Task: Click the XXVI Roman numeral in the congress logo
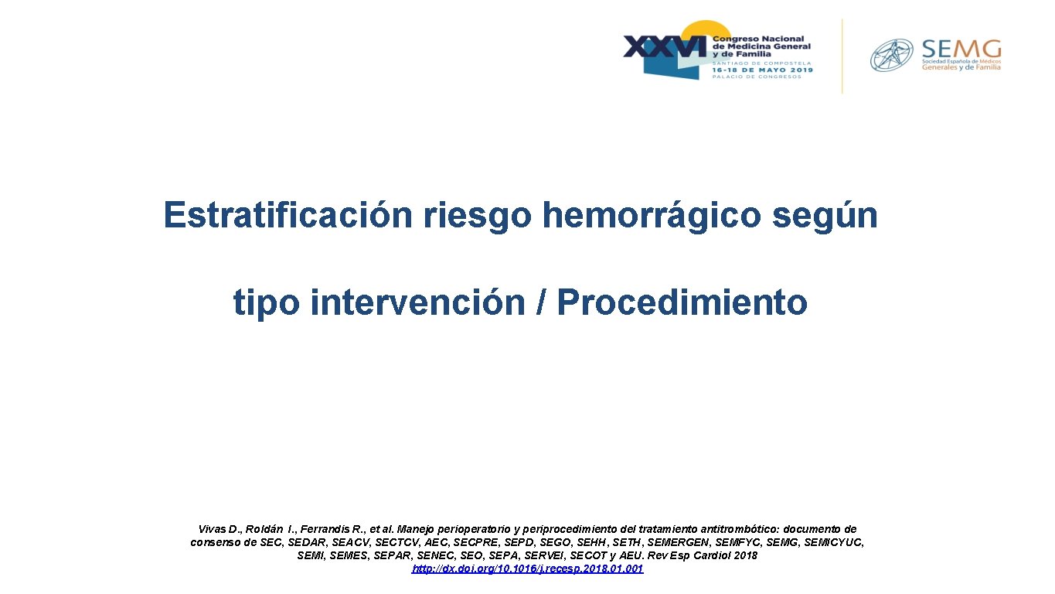coord(665,47)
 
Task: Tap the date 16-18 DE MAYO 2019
coord(762,70)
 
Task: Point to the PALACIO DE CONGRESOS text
coord(757,77)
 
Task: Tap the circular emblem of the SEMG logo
coord(892,56)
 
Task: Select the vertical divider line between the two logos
coord(842,56)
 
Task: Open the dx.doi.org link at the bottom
coord(527,568)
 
